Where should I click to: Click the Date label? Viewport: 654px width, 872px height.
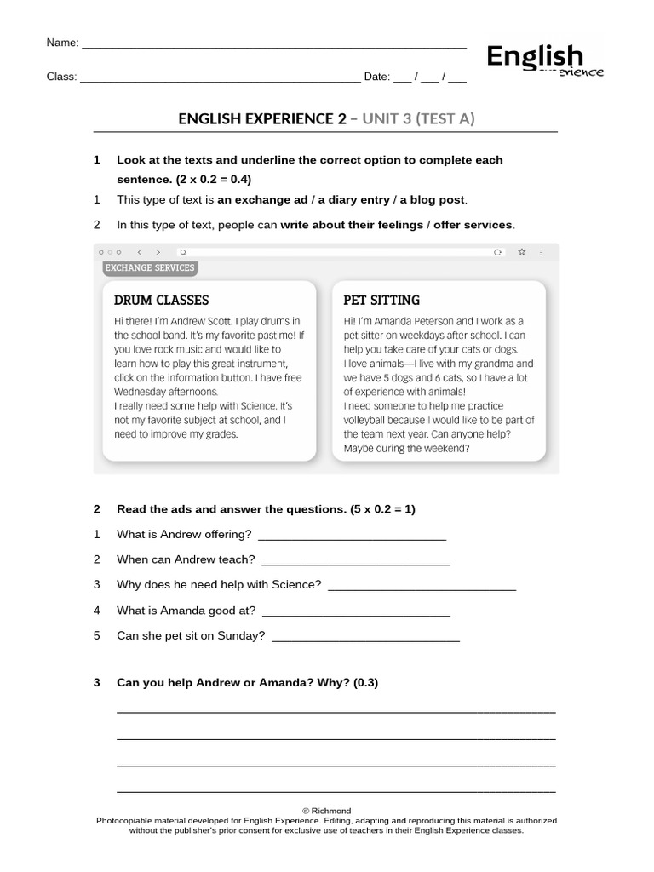click(x=376, y=77)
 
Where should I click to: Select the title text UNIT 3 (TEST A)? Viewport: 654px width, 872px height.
click(x=418, y=118)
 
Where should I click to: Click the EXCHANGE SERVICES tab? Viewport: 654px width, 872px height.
click(x=149, y=267)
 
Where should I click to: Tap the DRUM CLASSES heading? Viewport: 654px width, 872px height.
click(x=161, y=301)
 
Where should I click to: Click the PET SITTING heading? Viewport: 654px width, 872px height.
click(x=381, y=301)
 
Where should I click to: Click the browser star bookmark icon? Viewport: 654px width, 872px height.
click(x=521, y=252)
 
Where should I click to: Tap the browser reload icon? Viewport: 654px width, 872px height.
click(x=498, y=252)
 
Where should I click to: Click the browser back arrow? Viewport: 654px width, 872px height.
click(x=140, y=252)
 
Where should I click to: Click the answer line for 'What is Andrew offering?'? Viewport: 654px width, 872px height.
click(x=351, y=537)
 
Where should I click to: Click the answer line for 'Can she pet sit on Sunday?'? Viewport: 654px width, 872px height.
click(x=364, y=639)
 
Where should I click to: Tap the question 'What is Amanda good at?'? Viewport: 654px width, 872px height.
click(x=186, y=610)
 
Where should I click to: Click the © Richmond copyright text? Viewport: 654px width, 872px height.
click(x=326, y=811)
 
